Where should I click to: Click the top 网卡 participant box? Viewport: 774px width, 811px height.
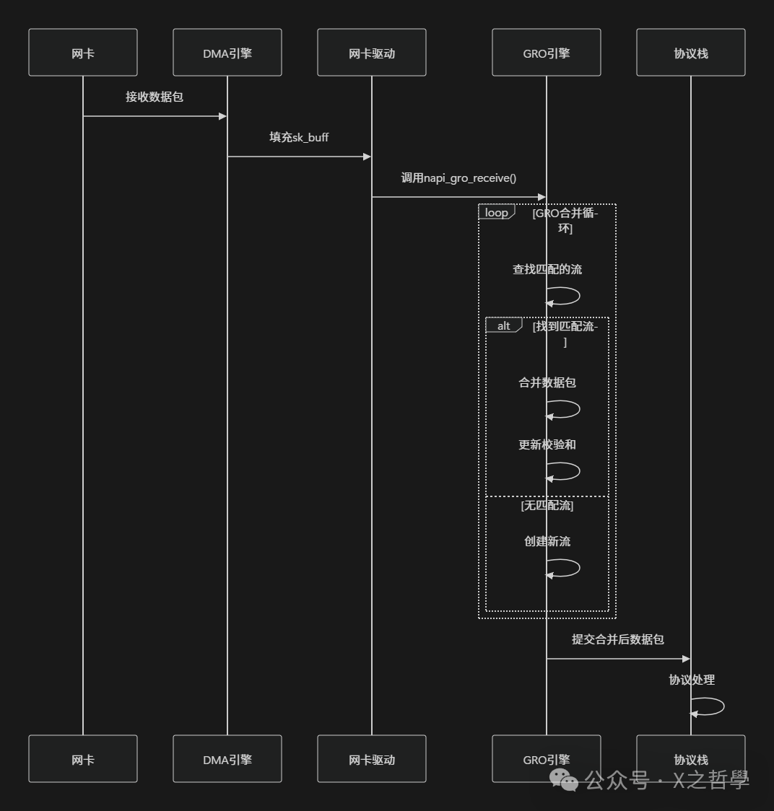pyautogui.click(x=83, y=53)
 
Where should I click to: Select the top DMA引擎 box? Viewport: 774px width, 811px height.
pyautogui.click(x=227, y=53)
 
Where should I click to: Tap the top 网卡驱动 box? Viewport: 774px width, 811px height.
pyautogui.click(x=372, y=53)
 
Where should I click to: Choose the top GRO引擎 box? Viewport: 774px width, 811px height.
pyautogui.click(x=547, y=53)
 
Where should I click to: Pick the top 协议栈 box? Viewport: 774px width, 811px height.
pyautogui.click(x=691, y=53)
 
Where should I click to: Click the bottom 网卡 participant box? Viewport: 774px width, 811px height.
pyautogui.click(x=83, y=759)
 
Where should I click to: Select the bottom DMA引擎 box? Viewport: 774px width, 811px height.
pyautogui.click(x=227, y=759)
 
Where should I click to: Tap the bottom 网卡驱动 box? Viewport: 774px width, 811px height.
pyautogui.click(x=372, y=759)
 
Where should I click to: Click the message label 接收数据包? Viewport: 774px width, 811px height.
pyautogui.click(x=155, y=97)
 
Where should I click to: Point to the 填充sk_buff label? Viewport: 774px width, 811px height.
pyautogui.click(x=299, y=137)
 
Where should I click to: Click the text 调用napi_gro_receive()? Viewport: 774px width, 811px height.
pyautogui.click(x=458, y=177)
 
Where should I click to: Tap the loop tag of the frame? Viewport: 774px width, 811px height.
pyautogui.click(x=496, y=213)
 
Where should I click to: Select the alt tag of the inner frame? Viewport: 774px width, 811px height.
pyautogui.click(x=503, y=326)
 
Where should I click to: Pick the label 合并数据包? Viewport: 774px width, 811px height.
pyautogui.click(x=547, y=382)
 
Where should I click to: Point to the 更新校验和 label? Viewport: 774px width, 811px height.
pyautogui.click(x=547, y=444)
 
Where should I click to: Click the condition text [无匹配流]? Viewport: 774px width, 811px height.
pyautogui.click(x=547, y=505)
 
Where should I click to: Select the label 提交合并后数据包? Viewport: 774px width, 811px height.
pyautogui.click(x=618, y=639)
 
